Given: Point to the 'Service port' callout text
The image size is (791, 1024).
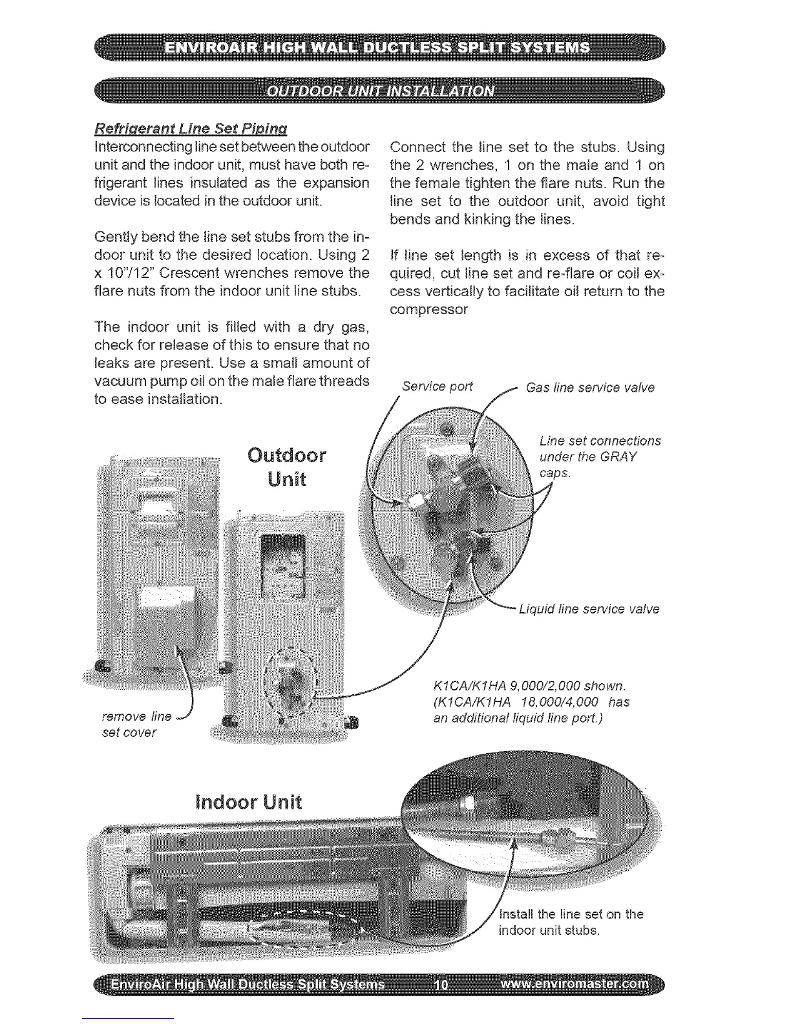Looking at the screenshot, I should tap(438, 387).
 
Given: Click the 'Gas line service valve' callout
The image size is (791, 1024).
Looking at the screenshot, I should tap(591, 387).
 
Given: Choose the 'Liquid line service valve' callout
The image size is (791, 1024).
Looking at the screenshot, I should tap(589, 609).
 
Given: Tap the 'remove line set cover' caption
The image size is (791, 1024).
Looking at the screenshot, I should tap(137, 724).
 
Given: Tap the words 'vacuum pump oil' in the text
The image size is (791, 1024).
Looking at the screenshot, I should tap(140, 381).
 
